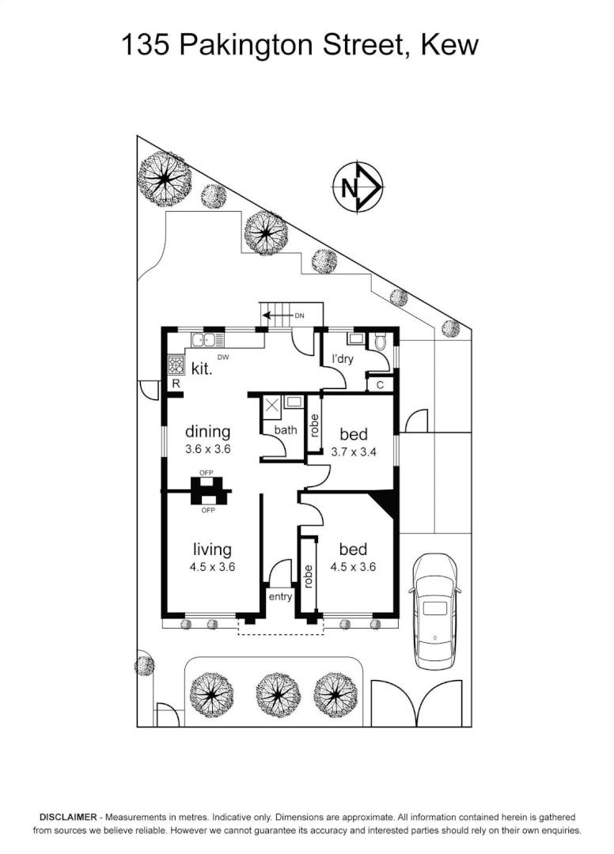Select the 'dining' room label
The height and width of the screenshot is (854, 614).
click(x=208, y=432)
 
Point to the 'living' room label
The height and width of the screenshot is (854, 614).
click(x=212, y=549)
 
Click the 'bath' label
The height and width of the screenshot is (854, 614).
click(x=285, y=430)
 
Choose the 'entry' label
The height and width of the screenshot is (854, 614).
click(x=280, y=596)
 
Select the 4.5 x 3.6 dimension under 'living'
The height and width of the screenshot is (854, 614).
click(x=212, y=567)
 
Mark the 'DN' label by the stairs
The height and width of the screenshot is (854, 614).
click(x=299, y=315)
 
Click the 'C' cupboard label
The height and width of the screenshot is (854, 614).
click(x=380, y=385)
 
